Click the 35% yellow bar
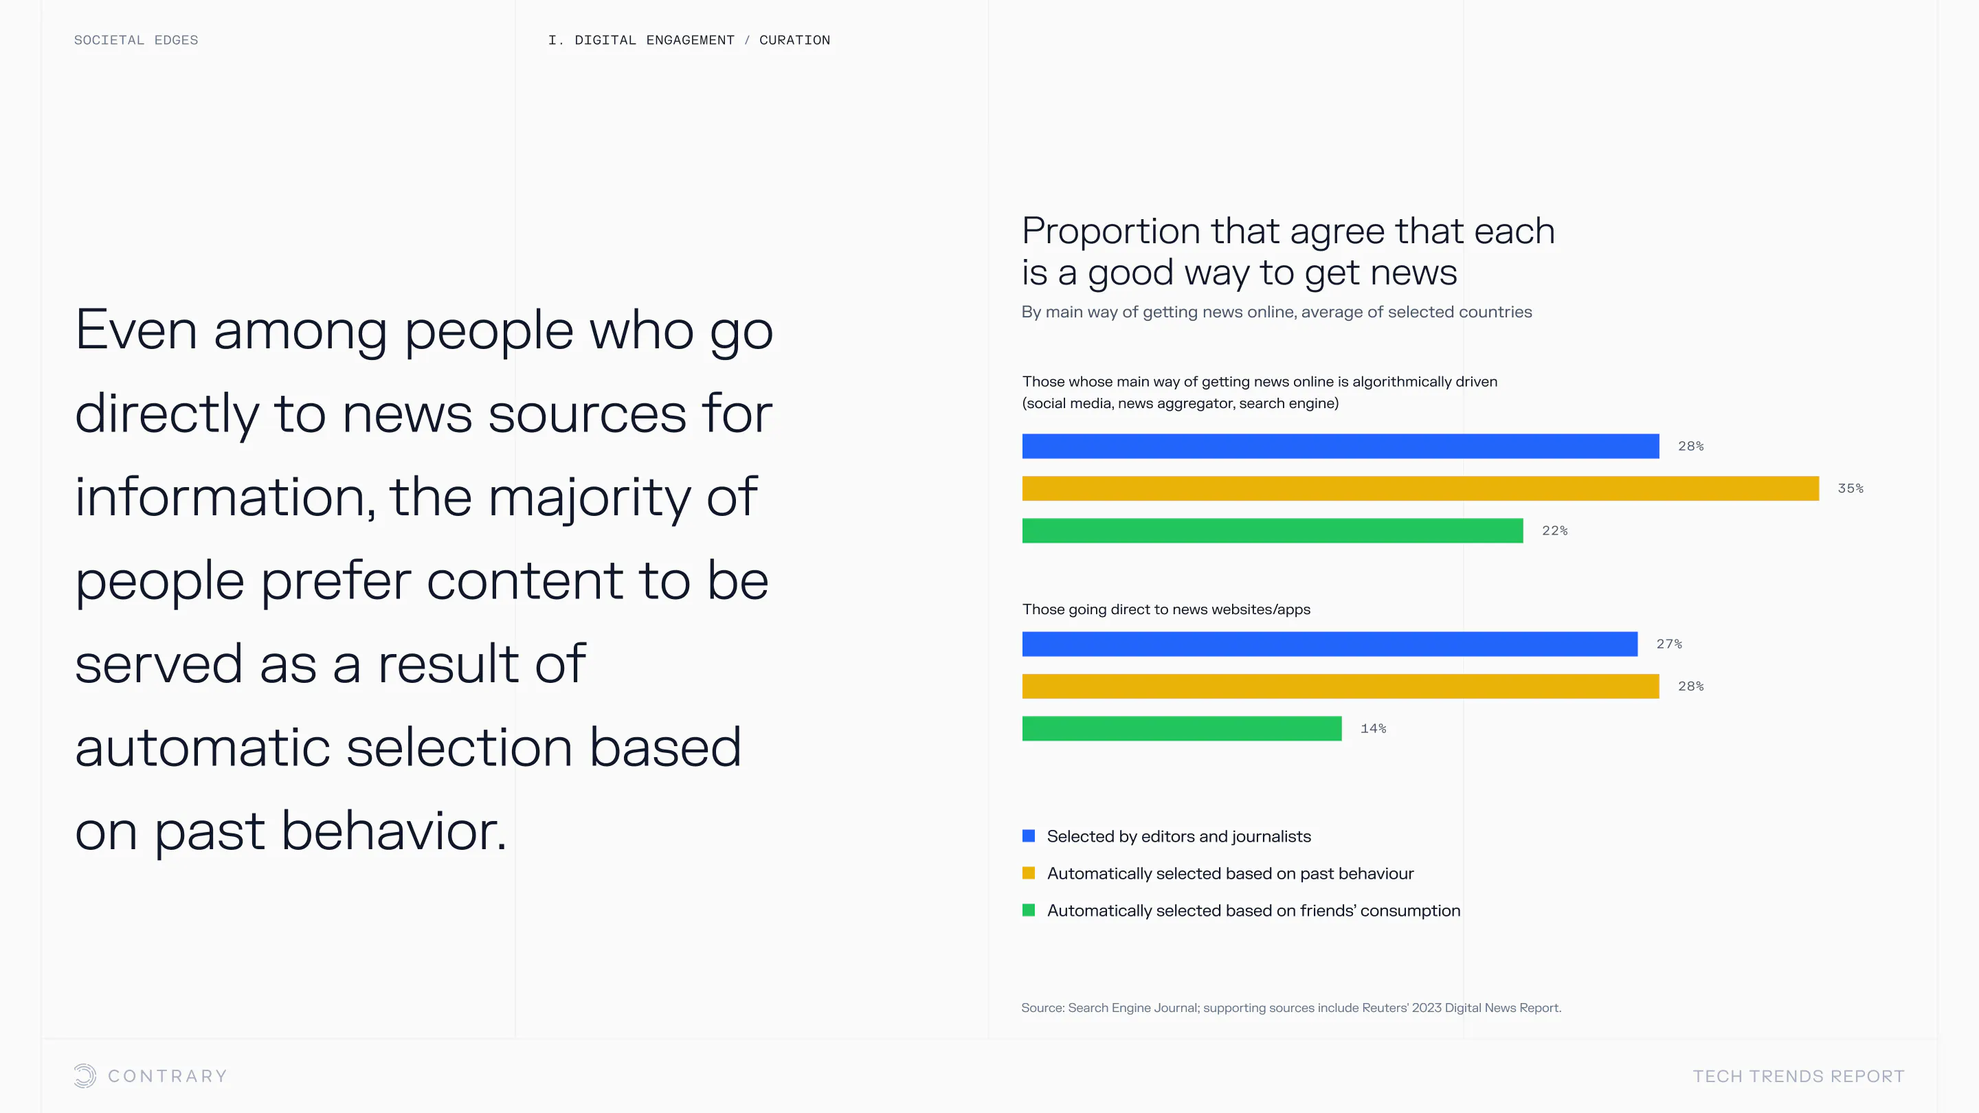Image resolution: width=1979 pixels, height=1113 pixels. (x=1420, y=488)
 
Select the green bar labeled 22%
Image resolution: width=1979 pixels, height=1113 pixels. (x=1272, y=531)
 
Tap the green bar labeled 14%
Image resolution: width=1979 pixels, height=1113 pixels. (x=1182, y=728)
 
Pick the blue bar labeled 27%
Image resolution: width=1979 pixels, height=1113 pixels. (x=1330, y=644)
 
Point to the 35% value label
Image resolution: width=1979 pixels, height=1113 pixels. (x=1850, y=488)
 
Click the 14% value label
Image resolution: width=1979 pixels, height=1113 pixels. (x=1373, y=728)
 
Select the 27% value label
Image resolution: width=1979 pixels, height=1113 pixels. (x=1668, y=644)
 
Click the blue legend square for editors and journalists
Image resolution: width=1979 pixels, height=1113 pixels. (x=1029, y=835)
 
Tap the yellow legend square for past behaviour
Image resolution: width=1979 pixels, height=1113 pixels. (x=1029, y=873)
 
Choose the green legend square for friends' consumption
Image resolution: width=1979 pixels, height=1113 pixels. (x=1029, y=910)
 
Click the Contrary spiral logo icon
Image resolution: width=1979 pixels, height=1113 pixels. (x=85, y=1075)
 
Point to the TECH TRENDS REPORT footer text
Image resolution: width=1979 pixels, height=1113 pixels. (x=1798, y=1076)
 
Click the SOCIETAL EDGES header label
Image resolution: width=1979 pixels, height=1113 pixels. (x=136, y=40)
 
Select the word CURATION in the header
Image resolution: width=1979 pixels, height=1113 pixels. (x=794, y=40)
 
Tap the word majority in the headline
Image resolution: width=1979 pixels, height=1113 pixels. (x=590, y=497)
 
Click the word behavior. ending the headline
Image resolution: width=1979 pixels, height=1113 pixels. (x=394, y=831)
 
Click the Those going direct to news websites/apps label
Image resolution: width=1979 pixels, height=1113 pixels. (x=1166, y=609)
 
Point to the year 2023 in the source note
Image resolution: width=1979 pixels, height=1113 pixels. (x=1427, y=1008)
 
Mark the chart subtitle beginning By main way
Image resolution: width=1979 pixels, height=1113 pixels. (x=1277, y=312)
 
